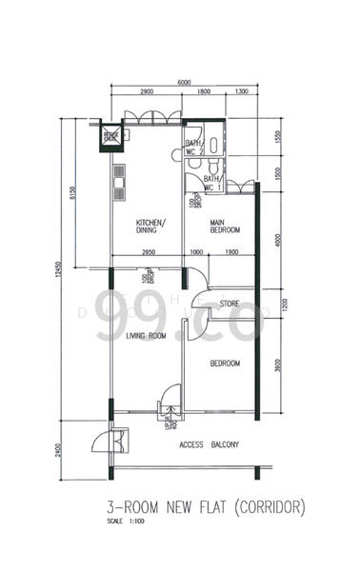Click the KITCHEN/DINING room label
(x=149, y=225)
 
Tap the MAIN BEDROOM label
(x=226, y=226)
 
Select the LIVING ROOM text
(x=145, y=336)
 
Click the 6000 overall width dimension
(x=184, y=82)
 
